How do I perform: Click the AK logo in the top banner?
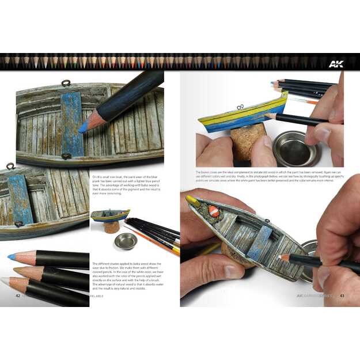point(336,63)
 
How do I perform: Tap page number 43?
point(342,296)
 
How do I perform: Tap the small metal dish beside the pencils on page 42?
point(124,241)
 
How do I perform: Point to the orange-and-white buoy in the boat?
point(213,212)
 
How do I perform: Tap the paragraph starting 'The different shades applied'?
point(127,279)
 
